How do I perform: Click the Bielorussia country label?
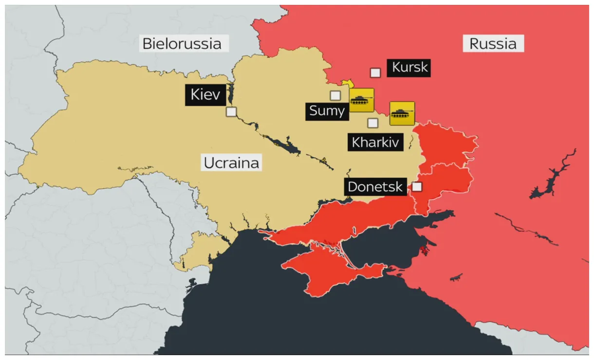tap(182, 44)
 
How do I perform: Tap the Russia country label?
tap(493, 44)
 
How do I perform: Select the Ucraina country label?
tap(231, 162)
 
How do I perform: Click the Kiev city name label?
tap(205, 94)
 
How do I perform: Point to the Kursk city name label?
tap(409, 68)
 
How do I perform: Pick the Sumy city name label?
tap(327, 111)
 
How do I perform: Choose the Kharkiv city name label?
tap(375, 143)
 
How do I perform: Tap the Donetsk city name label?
tap(375, 187)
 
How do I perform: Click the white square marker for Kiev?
tap(231, 112)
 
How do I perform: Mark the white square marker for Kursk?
tap(375, 73)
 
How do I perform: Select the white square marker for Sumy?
tap(335, 95)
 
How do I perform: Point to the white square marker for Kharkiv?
tap(372, 123)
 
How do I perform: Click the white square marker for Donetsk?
tap(417, 186)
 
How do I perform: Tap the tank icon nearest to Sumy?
tap(362, 100)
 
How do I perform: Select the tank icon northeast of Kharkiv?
tap(402, 113)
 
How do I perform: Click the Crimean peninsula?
tap(321, 270)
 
